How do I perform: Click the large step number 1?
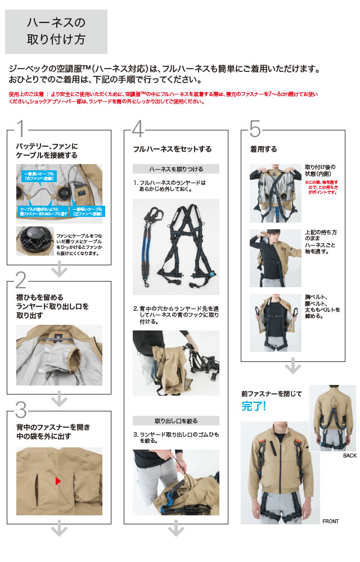(20, 129)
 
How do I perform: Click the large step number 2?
(21, 279)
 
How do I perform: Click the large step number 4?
(138, 129)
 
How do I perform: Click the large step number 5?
(255, 129)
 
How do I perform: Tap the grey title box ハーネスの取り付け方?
(56, 31)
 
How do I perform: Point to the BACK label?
(349, 456)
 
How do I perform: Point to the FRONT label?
(330, 522)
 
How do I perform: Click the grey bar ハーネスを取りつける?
(176, 169)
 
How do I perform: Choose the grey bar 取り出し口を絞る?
(176, 420)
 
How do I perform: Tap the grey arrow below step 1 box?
(59, 271)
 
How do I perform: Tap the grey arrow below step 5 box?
(292, 368)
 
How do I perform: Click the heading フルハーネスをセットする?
(172, 149)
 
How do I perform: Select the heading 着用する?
(264, 149)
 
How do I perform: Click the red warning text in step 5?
(322, 187)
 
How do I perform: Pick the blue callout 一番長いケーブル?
(39, 176)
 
